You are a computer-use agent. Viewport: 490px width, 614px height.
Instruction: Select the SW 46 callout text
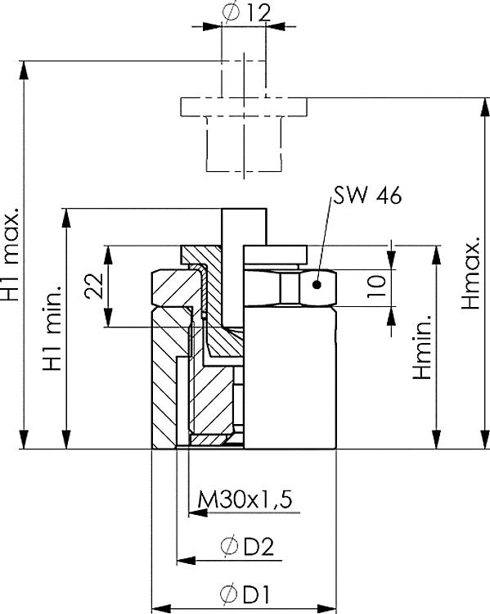[x=366, y=199]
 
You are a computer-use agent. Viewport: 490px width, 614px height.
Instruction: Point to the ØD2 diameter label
[x=246, y=546]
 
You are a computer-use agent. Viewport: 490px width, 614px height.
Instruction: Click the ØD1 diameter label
[x=246, y=593]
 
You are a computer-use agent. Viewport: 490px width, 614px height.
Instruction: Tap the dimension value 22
[x=95, y=286]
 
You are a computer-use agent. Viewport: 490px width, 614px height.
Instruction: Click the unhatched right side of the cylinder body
[x=290, y=377]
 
